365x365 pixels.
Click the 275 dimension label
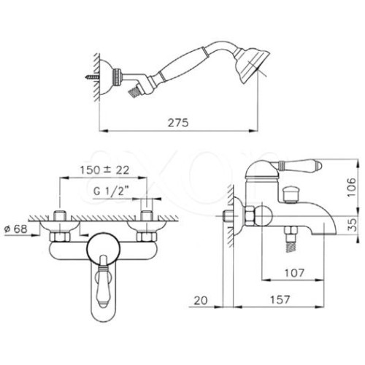coord(178,123)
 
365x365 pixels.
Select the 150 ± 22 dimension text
coord(104,170)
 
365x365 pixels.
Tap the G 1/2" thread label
coord(111,191)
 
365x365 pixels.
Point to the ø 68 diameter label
coord(16,228)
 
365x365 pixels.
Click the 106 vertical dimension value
coord(351,188)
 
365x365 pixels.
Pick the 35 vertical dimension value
coord(352,224)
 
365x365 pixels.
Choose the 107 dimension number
coord(294,273)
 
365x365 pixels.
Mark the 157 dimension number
coord(280,299)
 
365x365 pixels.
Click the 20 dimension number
coord(201,301)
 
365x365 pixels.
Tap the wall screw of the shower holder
coord(92,77)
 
